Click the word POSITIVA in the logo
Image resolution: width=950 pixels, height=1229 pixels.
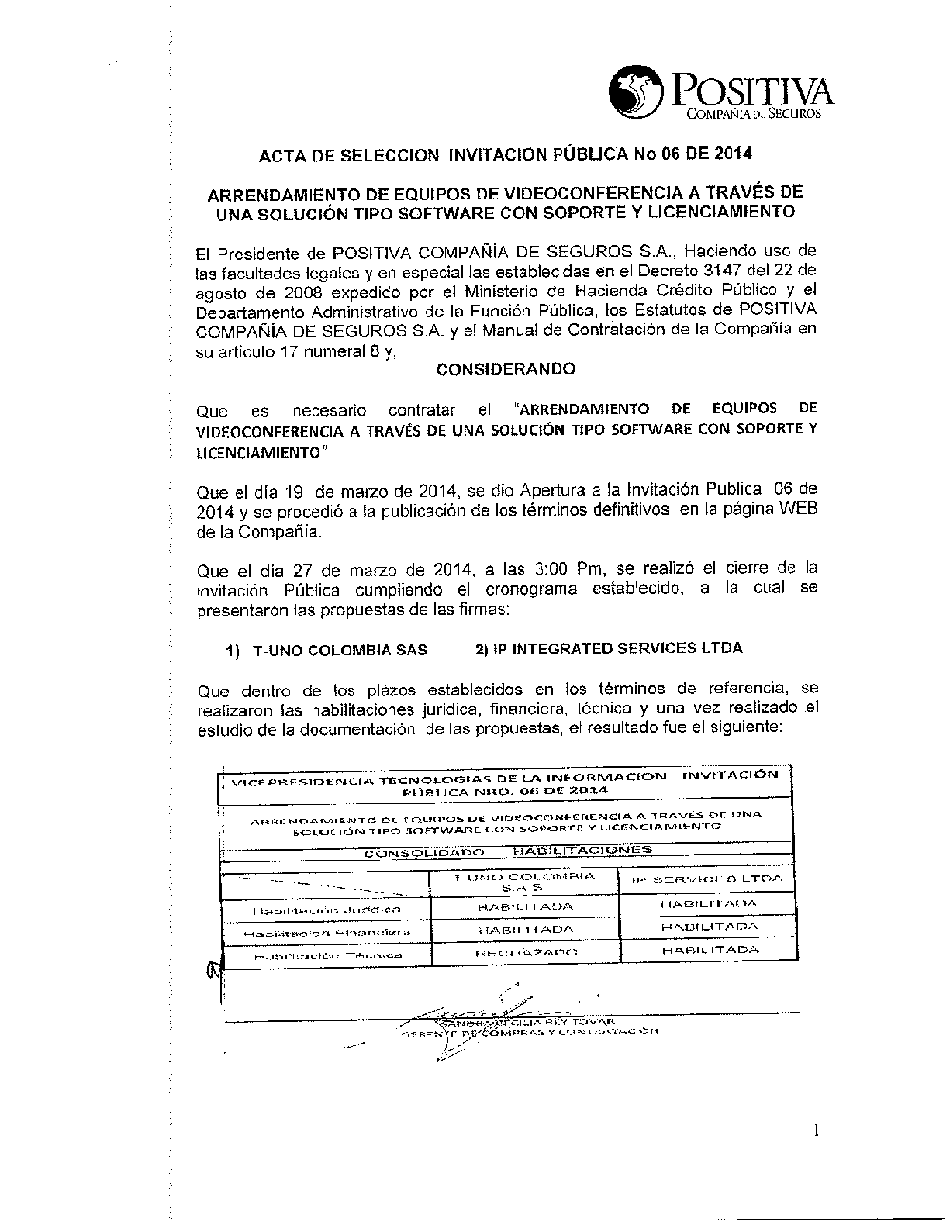[752, 92]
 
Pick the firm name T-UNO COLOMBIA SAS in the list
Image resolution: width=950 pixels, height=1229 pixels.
[339, 650]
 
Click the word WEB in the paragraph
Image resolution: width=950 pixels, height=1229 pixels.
[798, 510]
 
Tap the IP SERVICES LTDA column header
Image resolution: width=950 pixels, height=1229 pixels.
[706, 879]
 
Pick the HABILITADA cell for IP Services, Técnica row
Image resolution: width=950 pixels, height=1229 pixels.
[710, 950]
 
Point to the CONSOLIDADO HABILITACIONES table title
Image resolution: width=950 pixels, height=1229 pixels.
[508, 851]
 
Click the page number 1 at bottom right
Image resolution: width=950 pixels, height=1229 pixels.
[815, 1129]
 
